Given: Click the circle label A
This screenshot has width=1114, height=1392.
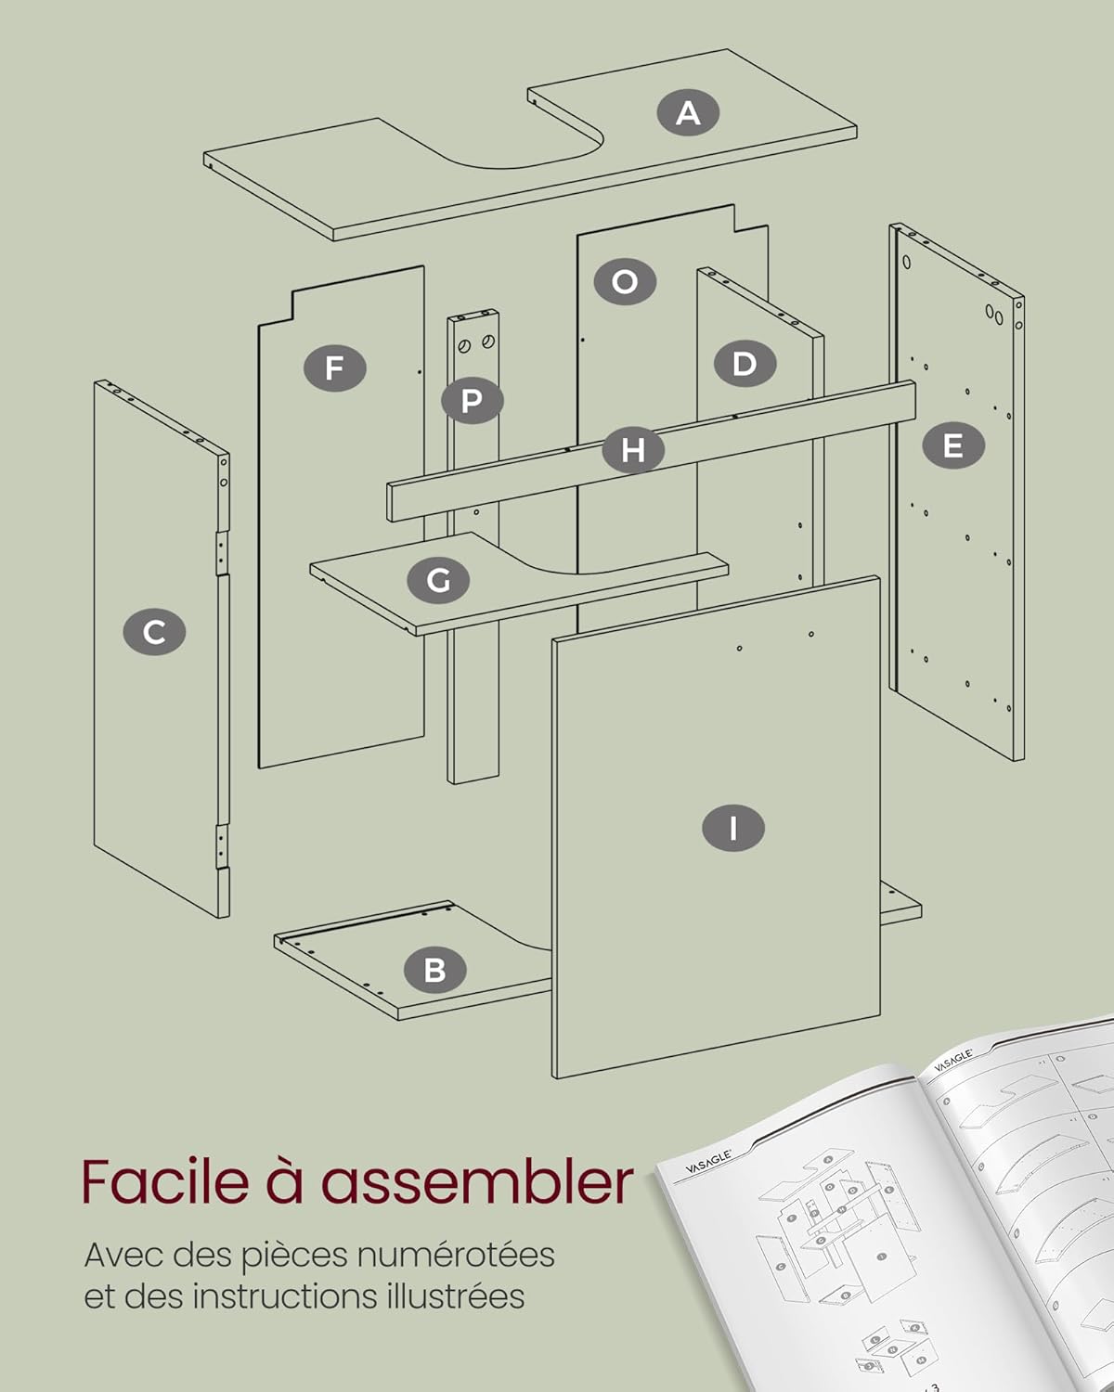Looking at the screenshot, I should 688,113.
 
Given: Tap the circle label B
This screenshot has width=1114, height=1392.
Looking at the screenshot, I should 434,970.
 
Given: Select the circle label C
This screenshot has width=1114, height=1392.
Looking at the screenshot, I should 154,633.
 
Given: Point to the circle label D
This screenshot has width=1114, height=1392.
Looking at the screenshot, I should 745,364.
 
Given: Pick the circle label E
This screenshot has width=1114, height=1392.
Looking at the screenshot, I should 952,446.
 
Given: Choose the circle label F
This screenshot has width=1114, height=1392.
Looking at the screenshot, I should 334,368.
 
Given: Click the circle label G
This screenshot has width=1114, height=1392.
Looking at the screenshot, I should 438,581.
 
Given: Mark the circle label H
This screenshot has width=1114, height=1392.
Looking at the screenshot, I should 633,450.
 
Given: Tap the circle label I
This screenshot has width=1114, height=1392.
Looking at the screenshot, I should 733,828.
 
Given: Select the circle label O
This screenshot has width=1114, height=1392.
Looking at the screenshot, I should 625,281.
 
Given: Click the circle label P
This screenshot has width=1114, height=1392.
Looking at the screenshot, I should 472,402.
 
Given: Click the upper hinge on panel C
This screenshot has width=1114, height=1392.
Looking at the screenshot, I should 222,554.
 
